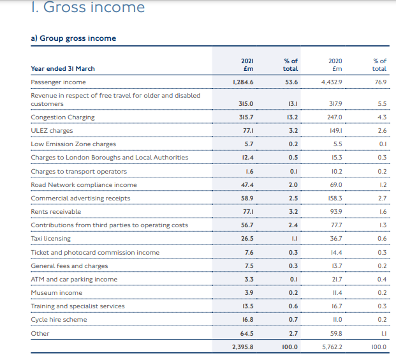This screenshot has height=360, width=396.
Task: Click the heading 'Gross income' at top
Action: (x=94, y=7)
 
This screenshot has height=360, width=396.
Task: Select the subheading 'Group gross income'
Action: (x=78, y=38)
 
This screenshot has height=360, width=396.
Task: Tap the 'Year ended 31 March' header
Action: (x=63, y=69)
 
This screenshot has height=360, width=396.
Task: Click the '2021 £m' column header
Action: (x=247, y=64)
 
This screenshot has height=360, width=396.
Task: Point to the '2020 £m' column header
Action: (x=335, y=64)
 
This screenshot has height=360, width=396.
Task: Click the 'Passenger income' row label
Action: (x=58, y=82)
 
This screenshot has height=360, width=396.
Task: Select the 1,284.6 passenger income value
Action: (x=243, y=82)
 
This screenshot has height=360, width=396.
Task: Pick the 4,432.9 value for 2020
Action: (x=332, y=82)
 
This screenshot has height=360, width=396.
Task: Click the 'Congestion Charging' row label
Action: (x=62, y=117)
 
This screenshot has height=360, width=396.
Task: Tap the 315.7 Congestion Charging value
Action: (x=246, y=117)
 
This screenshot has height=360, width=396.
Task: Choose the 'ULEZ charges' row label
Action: (x=52, y=131)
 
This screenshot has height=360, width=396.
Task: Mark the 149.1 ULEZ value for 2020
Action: (x=336, y=131)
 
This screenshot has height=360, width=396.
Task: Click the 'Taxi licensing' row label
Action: (x=51, y=239)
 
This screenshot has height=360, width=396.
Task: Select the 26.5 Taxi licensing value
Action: (x=247, y=239)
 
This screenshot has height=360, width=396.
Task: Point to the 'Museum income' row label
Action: (x=57, y=293)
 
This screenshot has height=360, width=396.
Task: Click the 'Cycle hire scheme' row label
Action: (x=59, y=320)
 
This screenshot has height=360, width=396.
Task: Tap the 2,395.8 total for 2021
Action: (x=243, y=347)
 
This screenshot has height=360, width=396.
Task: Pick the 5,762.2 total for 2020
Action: (x=332, y=347)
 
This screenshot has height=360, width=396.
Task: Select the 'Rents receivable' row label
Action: (x=56, y=212)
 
